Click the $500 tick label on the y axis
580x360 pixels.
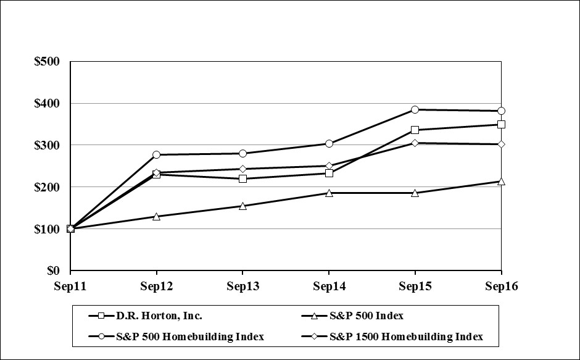[47, 62]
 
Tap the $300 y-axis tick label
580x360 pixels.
[47, 145]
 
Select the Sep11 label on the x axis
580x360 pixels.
[70, 286]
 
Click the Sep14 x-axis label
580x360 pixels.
[329, 286]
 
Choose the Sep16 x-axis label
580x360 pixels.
[501, 286]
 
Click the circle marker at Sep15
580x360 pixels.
[415, 109]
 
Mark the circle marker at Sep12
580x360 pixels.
[157, 154]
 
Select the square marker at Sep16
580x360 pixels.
[502, 124]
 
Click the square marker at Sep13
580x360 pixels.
[242, 178]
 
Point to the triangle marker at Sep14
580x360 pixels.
[329, 193]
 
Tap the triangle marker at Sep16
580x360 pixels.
[502, 181]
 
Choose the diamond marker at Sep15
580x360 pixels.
[415, 143]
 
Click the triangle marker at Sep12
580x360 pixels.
[157, 216]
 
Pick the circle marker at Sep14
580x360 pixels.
[329, 143]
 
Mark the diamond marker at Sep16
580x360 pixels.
[502, 144]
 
